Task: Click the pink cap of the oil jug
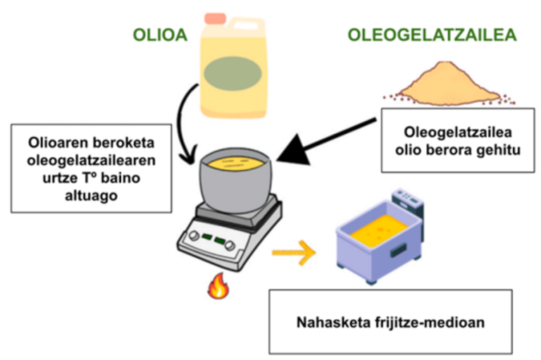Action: tap(214, 18)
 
